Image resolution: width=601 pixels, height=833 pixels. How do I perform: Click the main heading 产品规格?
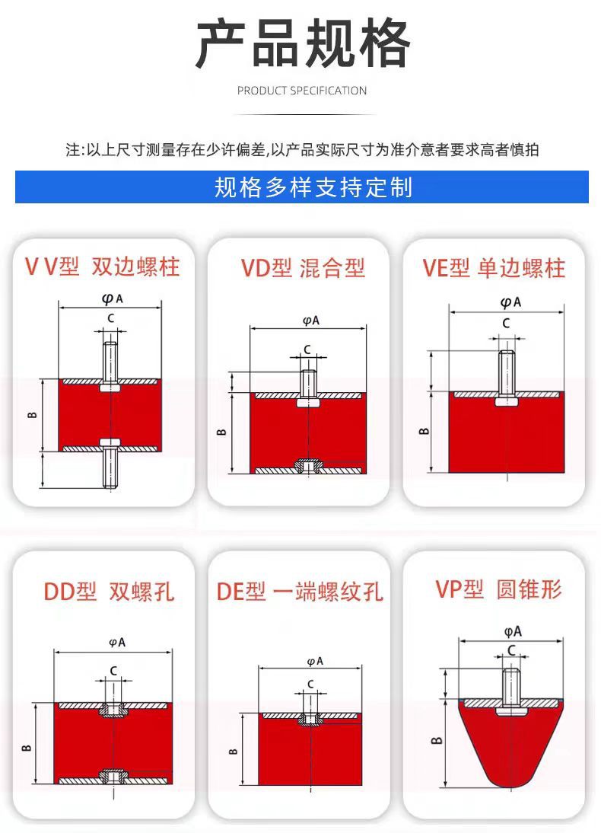pyautogui.click(x=303, y=43)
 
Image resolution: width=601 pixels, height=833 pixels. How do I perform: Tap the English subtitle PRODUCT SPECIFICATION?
pyautogui.click(x=301, y=91)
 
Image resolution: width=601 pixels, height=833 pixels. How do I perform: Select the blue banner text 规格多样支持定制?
pyautogui.click(x=313, y=187)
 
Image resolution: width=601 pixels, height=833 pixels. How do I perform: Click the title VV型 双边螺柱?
pyautogui.click(x=103, y=266)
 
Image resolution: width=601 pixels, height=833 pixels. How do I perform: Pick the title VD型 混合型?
pyautogui.click(x=303, y=268)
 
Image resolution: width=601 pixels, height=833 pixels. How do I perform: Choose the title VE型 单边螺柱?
pyautogui.click(x=494, y=268)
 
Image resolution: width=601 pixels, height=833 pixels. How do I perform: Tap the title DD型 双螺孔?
pyautogui.click(x=109, y=592)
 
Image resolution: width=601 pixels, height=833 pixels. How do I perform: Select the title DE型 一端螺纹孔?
pyautogui.click(x=300, y=592)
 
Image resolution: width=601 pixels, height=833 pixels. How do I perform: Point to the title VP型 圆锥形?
pyautogui.click(x=498, y=589)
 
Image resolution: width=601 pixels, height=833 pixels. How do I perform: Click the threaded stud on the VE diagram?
pyautogui.click(x=507, y=372)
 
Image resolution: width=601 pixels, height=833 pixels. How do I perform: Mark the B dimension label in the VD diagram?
pyautogui.click(x=222, y=432)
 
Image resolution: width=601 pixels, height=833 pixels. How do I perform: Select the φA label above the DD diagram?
pyautogui.click(x=117, y=643)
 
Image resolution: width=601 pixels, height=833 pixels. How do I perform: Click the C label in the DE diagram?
pyautogui.click(x=310, y=685)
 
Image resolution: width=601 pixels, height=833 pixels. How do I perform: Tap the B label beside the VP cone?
pyautogui.click(x=437, y=741)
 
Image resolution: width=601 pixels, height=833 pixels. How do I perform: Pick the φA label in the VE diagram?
pyautogui.click(x=510, y=302)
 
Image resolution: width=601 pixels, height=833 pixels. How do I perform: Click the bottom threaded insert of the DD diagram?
pyautogui.click(x=113, y=776)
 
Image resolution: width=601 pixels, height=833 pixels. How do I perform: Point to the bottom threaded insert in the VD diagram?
pyautogui.click(x=308, y=466)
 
